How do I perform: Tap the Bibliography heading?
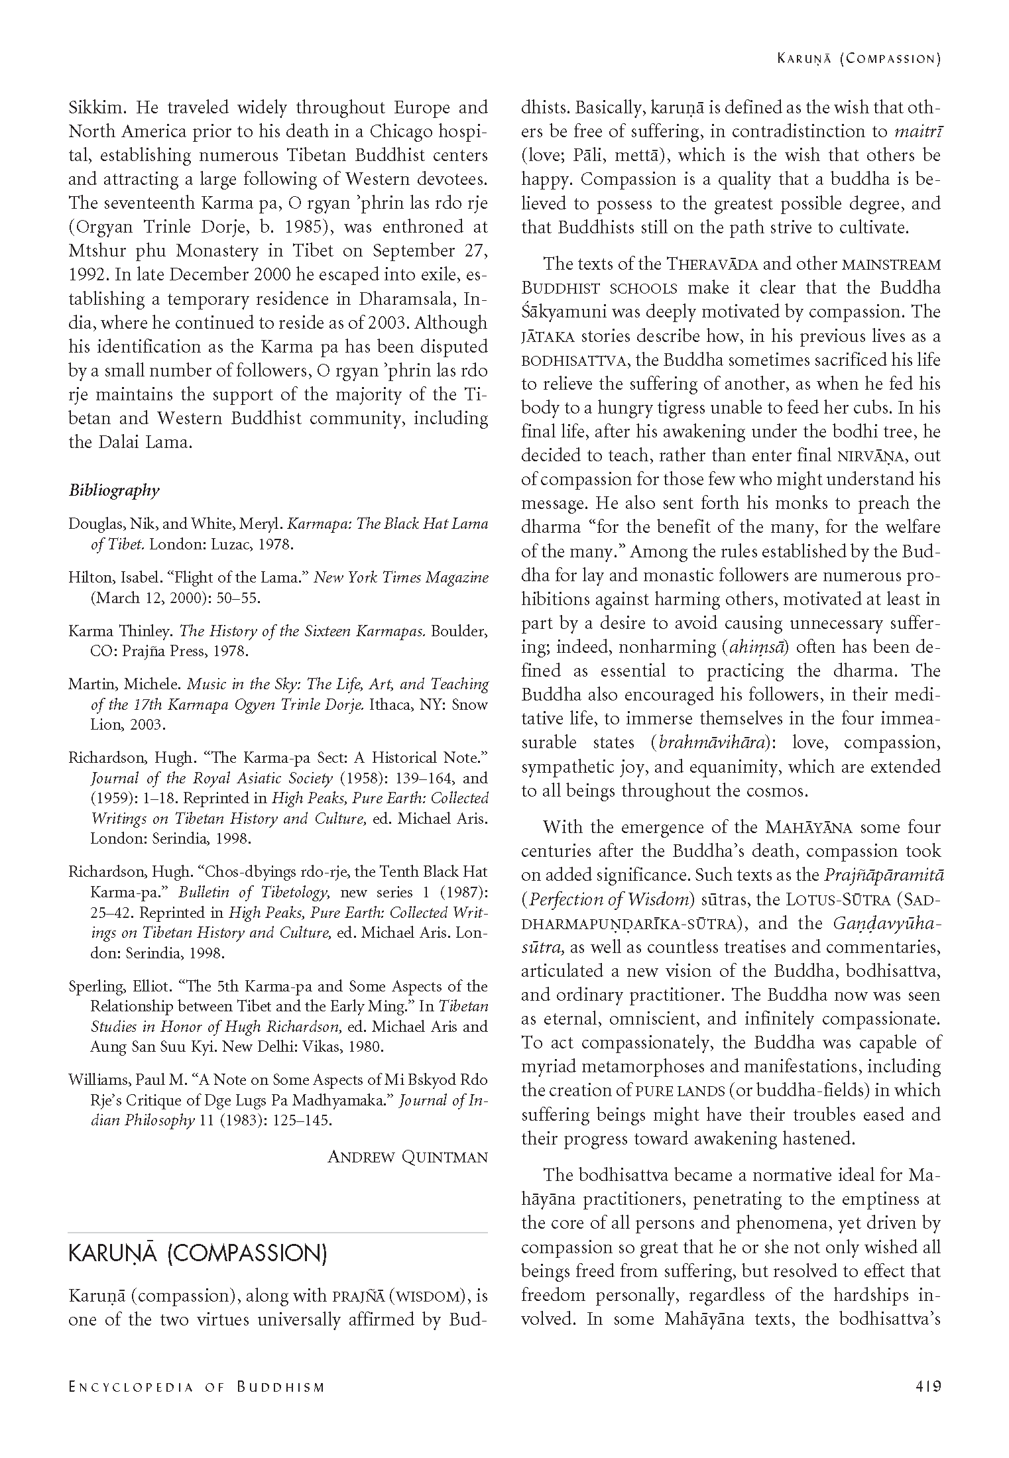114,490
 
